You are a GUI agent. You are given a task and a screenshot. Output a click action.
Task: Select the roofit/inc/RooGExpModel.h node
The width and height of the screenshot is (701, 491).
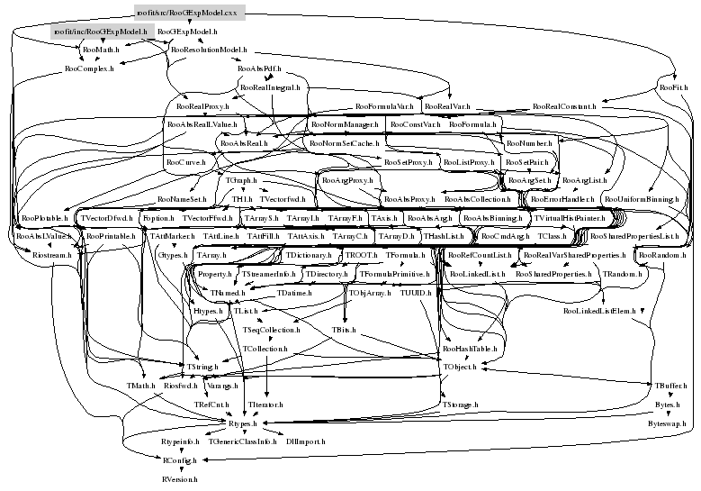point(100,32)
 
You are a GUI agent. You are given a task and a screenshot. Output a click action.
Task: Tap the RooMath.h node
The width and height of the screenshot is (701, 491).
point(101,50)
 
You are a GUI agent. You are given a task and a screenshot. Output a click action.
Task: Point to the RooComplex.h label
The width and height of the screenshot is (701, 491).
point(89,68)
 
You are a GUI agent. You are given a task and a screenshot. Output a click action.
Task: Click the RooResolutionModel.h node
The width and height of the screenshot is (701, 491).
point(208,50)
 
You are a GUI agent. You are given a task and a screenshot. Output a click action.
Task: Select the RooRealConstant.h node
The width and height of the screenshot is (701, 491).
point(564,106)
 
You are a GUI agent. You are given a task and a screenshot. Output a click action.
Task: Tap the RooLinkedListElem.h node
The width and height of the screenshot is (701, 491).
point(598,311)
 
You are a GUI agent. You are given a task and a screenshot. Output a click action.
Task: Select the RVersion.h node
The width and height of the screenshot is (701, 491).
point(180,479)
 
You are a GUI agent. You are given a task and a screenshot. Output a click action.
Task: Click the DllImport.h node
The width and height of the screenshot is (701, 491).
point(306,441)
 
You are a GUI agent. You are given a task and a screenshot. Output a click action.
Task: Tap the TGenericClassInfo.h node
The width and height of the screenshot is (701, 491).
point(242,441)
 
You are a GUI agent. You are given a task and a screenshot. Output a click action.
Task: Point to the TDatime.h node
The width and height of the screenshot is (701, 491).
point(293,293)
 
